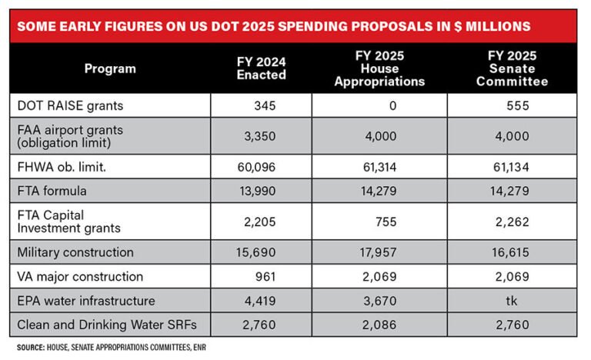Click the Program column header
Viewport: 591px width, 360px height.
click(110, 68)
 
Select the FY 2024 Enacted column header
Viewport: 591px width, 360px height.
click(261, 68)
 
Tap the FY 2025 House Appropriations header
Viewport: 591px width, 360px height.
click(392, 68)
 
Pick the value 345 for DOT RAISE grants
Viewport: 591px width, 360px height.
click(265, 105)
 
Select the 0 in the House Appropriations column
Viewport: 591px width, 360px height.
click(392, 105)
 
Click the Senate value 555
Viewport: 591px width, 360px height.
click(518, 105)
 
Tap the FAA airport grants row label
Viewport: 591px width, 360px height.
click(69, 136)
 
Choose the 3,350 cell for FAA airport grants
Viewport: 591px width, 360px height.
click(261, 136)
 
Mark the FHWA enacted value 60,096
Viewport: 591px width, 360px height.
click(258, 167)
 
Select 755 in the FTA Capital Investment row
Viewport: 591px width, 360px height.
click(385, 222)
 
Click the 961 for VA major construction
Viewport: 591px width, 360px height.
click(265, 275)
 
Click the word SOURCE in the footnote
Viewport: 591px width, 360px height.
click(32, 347)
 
